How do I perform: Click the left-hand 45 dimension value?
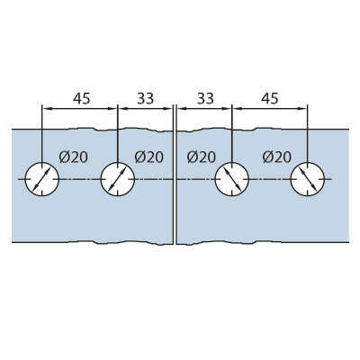pos(82,98)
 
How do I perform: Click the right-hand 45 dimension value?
pos(270,98)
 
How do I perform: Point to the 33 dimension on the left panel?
pos(146,98)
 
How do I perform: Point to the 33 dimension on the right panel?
pos(205,98)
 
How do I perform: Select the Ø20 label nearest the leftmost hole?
pos(74,157)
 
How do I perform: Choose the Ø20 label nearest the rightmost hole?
pos(276,157)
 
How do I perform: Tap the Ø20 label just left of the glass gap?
pos(149,157)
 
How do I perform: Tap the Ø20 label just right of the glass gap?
pos(201,157)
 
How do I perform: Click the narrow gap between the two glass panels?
pos(175,186)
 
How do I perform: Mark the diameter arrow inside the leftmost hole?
pos(42,179)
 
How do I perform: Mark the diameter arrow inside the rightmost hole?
pos(308,179)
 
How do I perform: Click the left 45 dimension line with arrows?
pos(80,109)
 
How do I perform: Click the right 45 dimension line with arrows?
pos(270,109)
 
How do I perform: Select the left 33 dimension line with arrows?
pos(146,109)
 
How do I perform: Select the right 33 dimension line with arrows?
pos(204,109)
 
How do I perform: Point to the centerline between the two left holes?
pos(80,179)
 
